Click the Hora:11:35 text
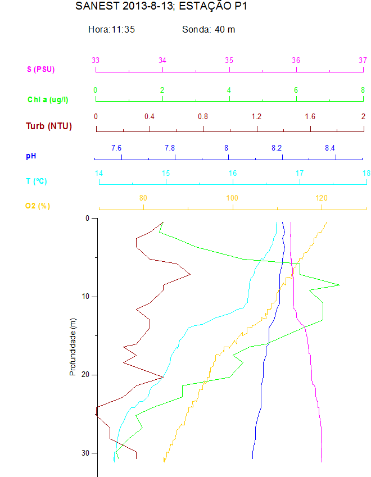point(111,29)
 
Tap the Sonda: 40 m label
point(209,29)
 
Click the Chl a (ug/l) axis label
point(48,99)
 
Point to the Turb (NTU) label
point(49,126)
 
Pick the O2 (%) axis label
point(38,206)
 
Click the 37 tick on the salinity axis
point(363,60)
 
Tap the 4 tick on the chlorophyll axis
point(229,90)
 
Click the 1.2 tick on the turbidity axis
point(256,116)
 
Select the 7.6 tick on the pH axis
point(116,148)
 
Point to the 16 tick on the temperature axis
point(233,174)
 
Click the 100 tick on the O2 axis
point(232,198)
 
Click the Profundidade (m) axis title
point(73,347)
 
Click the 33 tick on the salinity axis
point(96,60)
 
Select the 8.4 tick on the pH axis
point(330,148)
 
